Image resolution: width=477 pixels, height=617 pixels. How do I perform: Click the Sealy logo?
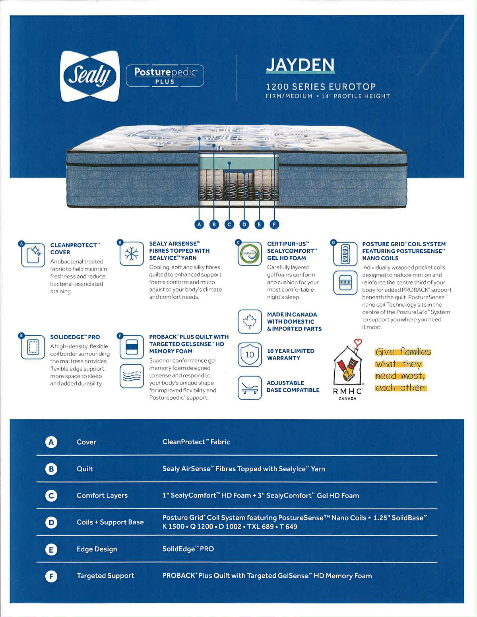(90, 76)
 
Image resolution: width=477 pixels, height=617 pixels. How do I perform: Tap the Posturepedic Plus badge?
(165, 75)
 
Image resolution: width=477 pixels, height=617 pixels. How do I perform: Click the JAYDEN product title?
(300, 65)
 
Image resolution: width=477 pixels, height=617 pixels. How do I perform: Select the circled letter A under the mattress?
(199, 224)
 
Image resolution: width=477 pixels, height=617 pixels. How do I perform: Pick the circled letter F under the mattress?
(274, 224)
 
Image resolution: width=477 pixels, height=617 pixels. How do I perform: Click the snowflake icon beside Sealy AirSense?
(132, 253)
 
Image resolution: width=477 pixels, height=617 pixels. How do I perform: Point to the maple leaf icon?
(250, 321)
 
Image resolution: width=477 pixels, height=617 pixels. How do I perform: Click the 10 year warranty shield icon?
(250, 354)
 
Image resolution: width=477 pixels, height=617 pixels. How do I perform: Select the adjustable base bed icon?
(250, 387)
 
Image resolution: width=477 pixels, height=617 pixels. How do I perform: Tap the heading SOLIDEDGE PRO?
(75, 337)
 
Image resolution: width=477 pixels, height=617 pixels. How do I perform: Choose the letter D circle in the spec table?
(51, 522)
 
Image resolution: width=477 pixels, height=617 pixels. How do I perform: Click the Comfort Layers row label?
(102, 495)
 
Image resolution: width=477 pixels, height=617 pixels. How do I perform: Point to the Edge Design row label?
(97, 549)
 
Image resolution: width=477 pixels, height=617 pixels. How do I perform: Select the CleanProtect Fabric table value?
(196, 442)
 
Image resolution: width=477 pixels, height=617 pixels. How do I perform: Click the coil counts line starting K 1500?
(229, 527)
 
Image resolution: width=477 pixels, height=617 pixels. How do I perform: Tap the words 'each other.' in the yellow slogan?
(401, 388)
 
